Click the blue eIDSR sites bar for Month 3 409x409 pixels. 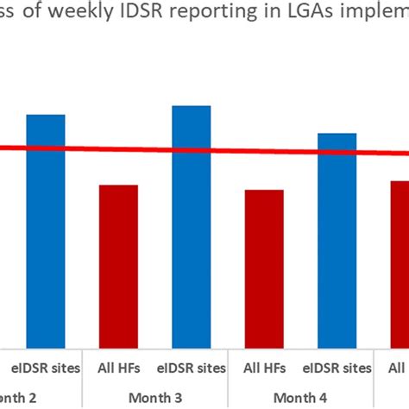(192, 224)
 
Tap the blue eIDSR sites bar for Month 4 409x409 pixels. (337, 238)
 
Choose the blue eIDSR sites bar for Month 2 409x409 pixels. (46, 229)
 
